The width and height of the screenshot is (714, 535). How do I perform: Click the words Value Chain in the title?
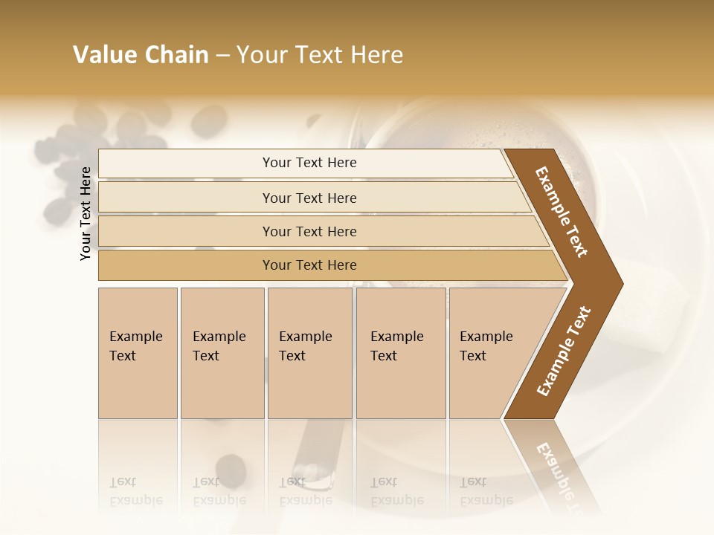[141, 55]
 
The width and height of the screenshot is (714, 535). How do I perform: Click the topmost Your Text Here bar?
[309, 163]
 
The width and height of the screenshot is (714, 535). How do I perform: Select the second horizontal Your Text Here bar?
[309, 198]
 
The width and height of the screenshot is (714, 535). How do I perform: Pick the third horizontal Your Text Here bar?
[309, 232]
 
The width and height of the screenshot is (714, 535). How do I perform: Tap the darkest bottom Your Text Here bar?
[309, 265]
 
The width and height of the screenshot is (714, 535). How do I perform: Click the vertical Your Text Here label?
[86, 213]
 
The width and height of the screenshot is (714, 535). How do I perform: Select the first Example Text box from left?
[138, 353]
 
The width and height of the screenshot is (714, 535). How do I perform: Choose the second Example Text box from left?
[222, 353]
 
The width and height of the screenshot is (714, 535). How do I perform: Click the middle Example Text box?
[309, 353]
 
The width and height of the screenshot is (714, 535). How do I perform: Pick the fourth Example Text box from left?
[400, 353]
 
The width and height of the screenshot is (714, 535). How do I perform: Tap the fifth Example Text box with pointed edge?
[491, 353]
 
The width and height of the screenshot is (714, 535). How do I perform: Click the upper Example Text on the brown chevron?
[562, 212]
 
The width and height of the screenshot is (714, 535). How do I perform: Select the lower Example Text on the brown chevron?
[564, 351]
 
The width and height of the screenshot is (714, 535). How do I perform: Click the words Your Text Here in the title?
[320, 55]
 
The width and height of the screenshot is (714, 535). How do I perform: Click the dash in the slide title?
[222, 56]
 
